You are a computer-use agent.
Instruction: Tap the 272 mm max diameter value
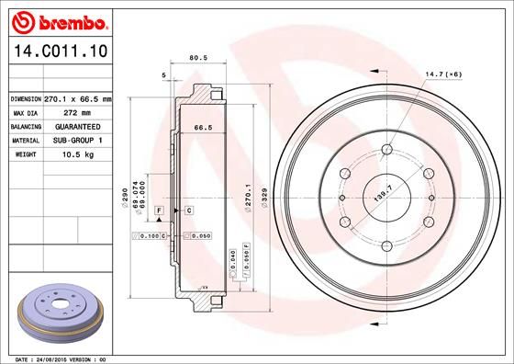click(81, 111)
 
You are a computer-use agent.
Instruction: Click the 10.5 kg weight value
click(81, 154)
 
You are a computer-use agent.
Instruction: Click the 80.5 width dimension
click(195, 59)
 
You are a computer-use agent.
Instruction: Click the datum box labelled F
click(159, 210)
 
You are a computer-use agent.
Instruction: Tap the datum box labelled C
click(188, 210)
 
